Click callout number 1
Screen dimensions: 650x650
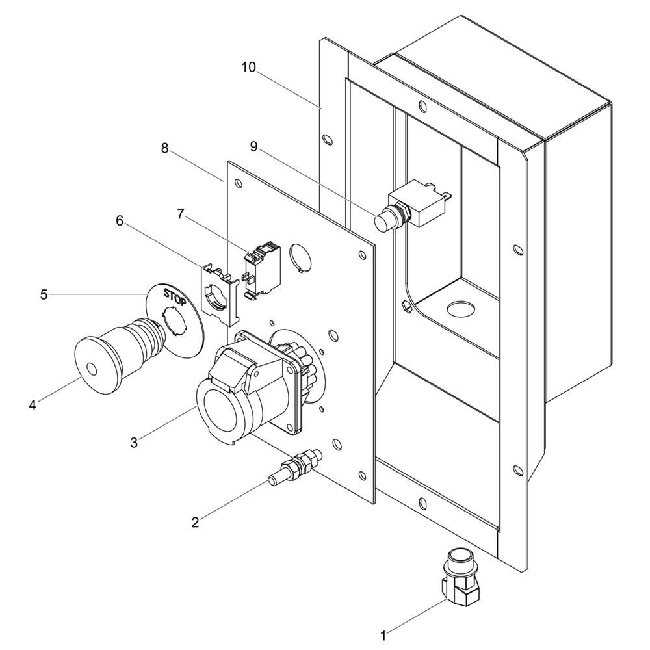pos(383,633)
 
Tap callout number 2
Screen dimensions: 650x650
pos(195,521)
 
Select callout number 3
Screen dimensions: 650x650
pos(134,443)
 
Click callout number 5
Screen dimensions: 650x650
pos(44,294)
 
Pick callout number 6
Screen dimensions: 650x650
pos(119,220)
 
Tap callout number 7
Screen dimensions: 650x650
pos(181,213)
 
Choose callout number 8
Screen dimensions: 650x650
pos(165,148)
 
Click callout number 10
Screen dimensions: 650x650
pos(248,66)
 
